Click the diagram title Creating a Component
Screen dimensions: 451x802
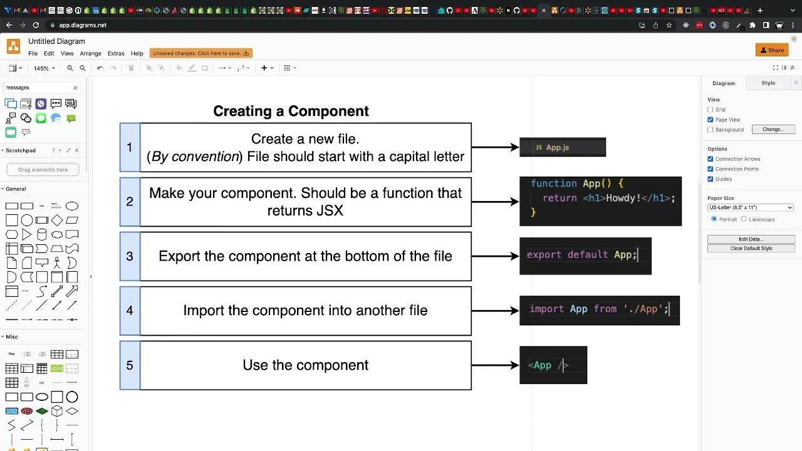click(291, 111)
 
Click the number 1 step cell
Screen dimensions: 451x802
click(130, 147)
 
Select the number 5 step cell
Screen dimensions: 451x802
click(130, 365)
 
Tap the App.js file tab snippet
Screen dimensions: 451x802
click(562, 147)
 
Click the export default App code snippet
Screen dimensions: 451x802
click(585, 256)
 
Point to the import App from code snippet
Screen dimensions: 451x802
click(599, 310)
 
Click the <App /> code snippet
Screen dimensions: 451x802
click(553, 365)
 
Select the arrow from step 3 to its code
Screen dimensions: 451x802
click(495, 256)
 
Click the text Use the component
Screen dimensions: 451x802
click(305, 365)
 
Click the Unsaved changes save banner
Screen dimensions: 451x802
click(200, 53)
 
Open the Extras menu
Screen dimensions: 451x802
click(116, 53)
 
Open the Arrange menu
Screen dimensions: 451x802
click(90, 53)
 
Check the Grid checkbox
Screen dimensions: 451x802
click(711, 110)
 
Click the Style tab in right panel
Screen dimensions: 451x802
click(768, 83)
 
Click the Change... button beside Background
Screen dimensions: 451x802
click(773, 130)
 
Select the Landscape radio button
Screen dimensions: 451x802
click(744, 219)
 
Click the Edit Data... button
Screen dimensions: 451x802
click(751, 239)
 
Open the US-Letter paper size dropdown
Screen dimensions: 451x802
click(750, 207)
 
